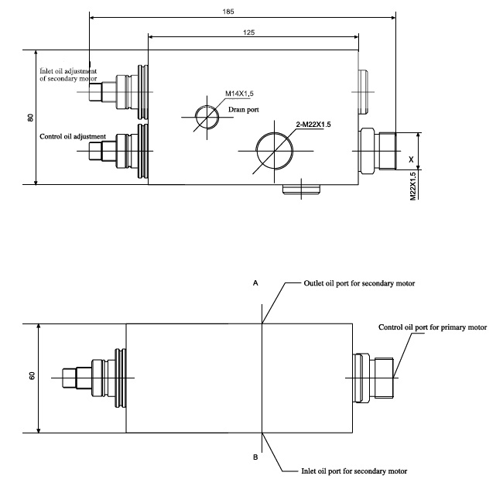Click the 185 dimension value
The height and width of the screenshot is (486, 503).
228,11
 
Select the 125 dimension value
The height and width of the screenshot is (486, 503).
249,32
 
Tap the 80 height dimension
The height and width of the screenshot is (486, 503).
30,118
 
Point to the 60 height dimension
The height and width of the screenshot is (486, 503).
32,376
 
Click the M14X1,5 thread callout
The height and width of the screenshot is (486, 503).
240,94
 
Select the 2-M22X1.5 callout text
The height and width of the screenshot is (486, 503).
313,124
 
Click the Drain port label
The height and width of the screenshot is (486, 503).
243,110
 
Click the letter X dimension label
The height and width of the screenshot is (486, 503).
411,159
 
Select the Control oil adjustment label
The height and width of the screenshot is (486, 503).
72,137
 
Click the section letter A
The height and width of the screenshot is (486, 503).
255,284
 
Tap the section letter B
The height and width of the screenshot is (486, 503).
255,457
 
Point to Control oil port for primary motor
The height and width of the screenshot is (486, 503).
433,327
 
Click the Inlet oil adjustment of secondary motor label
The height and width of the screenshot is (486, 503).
69,75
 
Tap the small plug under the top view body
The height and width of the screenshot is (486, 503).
300,189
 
